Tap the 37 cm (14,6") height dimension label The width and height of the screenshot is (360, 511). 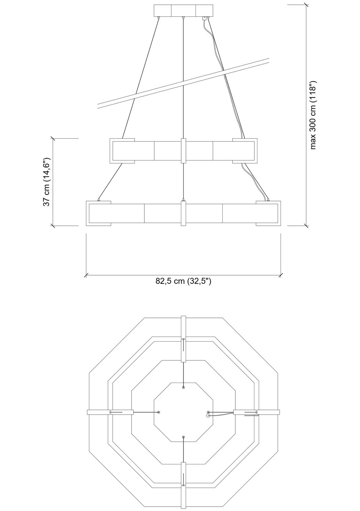(47, 182)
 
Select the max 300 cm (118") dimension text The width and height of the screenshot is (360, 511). (313, 115)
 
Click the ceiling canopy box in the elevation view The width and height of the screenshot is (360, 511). (184, 11)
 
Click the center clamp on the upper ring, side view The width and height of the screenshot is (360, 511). (184, 151)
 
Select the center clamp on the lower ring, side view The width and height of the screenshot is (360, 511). (184, 213)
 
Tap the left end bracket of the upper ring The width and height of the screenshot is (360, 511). (122, 151)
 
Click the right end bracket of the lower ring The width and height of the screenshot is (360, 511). (268, 213)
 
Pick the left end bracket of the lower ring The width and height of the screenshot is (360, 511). (98, 213)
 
